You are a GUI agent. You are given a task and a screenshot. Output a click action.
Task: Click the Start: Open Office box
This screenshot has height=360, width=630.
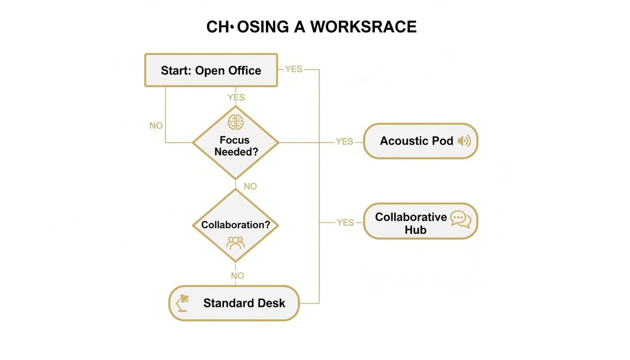point(211,70)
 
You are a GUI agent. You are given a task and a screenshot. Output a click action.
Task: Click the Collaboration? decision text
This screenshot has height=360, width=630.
point(235,225)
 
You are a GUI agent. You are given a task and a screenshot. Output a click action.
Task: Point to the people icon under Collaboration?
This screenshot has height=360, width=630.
point(235,242)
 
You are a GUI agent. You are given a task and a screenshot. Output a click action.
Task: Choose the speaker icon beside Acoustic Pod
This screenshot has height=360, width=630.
point(464,141)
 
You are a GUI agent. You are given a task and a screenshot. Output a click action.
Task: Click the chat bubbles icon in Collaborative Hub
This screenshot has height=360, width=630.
point(460,219)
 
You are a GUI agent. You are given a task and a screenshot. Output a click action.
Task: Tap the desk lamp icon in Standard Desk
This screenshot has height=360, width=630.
point(182,303)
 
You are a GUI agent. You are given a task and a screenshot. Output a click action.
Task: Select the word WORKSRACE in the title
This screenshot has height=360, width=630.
point(363,27)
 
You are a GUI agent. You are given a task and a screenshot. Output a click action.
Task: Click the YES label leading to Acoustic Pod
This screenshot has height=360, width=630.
point(345,142)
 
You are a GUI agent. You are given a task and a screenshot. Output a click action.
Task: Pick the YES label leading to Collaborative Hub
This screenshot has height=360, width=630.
point(345,223)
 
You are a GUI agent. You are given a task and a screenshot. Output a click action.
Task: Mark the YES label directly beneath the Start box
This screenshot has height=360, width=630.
point(236,97)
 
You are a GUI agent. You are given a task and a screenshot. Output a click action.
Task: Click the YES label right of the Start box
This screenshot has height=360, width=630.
point(294,69)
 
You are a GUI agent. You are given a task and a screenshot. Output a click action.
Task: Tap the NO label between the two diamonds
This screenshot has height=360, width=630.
point(250,187)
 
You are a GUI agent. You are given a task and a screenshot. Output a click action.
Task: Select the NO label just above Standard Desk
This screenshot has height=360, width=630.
point(238,276)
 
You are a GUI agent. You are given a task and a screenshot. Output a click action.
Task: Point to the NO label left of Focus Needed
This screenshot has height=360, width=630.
point(156,126)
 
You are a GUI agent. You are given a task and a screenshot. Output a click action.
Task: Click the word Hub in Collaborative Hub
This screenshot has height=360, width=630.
point(415,230)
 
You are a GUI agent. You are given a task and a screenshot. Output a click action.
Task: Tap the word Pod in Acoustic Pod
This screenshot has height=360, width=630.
point(442,141)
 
